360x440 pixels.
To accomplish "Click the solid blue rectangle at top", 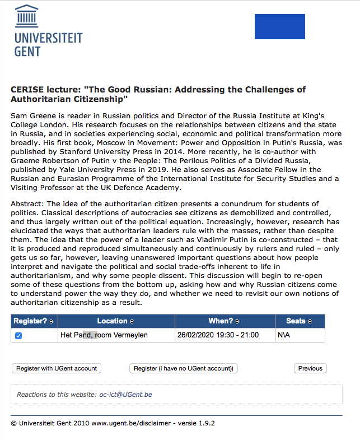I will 279,26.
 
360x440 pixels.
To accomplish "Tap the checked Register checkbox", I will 18,336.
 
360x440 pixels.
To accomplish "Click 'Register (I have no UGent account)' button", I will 184,368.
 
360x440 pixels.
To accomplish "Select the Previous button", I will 310,368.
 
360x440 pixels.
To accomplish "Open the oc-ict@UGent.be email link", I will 125,395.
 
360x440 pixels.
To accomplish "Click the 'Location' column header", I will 115,321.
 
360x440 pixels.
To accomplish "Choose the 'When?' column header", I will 224,321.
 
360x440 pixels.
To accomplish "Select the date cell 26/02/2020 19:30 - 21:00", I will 218,335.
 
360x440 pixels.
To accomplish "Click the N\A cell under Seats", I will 284,335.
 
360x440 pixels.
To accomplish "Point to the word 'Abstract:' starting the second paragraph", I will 27,203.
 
